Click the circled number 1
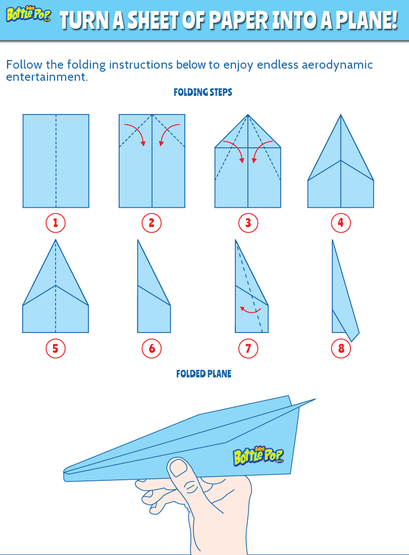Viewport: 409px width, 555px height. click(56, 223)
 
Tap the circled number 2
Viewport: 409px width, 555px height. click(151, 223)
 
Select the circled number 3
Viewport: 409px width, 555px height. click(248, 223)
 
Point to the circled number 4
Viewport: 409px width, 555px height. click(341, 223)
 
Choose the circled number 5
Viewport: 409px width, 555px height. click(56, 348)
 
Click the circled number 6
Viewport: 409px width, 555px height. click(151, 348)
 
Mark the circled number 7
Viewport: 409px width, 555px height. click(248, 348)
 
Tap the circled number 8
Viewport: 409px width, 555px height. click(341, 348)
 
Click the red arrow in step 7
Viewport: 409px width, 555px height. click(250, 310)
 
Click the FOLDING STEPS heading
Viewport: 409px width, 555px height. click(202, 92)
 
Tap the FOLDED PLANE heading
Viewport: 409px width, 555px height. click(203, 374)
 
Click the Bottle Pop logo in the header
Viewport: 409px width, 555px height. click(28, 15)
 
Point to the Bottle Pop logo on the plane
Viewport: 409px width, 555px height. click(258, 456)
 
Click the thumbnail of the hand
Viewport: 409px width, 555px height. click(178, 469)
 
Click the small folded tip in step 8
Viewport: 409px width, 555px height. click(353, 335)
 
